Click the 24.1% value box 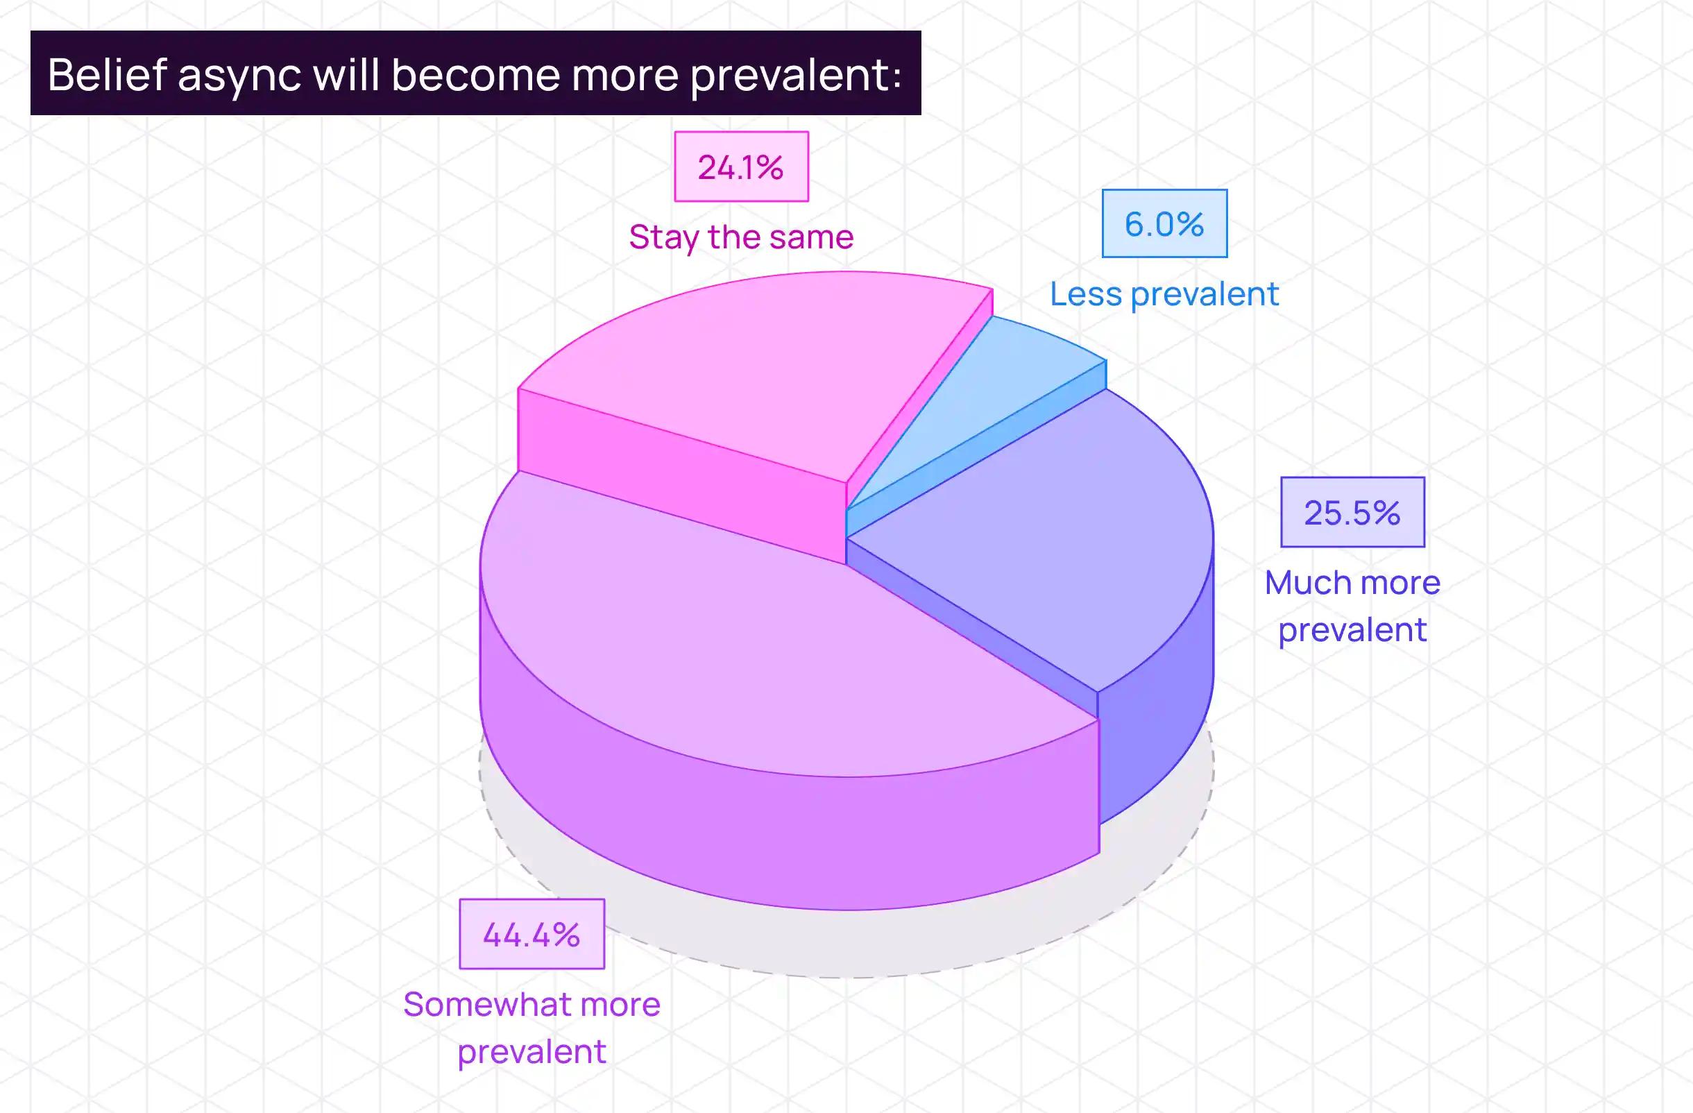pos(741,167)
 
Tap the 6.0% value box pos(1164,223)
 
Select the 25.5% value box pos(1352,512)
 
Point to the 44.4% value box pos(531,934)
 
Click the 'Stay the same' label pos(741,237)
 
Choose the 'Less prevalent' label pos(1164,294)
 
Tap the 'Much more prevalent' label pos(1352,606)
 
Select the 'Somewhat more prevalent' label pos(531,1028)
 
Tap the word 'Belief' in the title pos(108,74)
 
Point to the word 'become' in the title pos(476,74)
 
